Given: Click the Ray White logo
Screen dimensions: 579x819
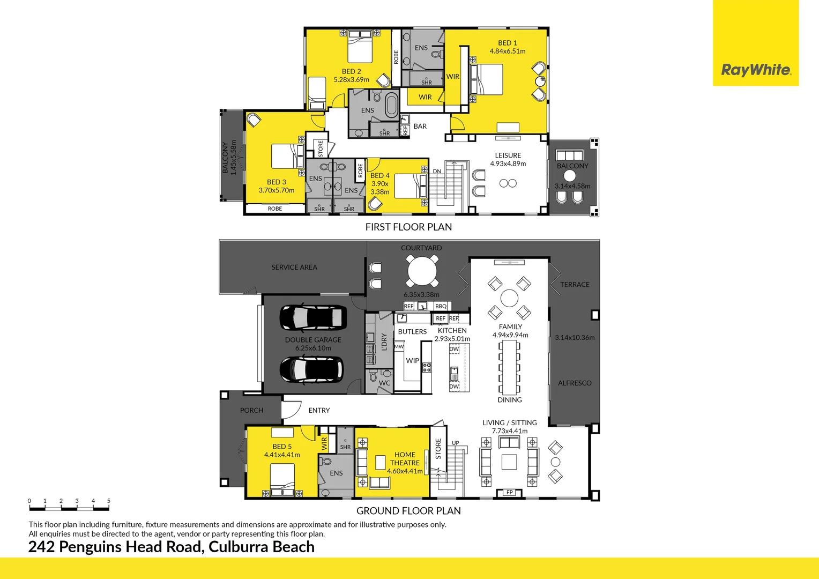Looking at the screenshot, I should click(756, 70).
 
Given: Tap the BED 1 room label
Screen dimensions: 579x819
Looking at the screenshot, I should click(507, 43).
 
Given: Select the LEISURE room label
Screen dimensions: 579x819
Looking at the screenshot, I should click(508, 155).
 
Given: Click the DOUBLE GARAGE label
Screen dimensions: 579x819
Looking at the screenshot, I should click(313, 340).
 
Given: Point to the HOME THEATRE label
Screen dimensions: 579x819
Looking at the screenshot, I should click(405, 459).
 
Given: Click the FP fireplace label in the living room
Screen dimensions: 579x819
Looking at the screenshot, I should click(510, 492).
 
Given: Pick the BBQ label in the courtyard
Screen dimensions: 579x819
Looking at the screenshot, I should click(441, 306).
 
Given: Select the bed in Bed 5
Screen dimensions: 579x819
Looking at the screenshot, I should click(282, 479).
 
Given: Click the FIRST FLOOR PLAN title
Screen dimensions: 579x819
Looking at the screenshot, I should click(408, 227).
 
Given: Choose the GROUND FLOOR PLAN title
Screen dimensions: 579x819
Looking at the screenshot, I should click(408, 511).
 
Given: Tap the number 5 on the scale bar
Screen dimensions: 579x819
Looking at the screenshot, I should click(108, 501).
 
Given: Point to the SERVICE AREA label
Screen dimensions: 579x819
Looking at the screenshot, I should click(294, 267).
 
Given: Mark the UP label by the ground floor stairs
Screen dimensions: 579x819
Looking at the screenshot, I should click(455, 443).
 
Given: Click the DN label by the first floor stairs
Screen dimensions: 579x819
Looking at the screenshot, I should click(437, 172).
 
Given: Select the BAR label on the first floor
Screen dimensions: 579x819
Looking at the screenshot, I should click(420, 127).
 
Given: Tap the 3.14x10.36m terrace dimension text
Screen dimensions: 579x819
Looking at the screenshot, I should click(575, 338).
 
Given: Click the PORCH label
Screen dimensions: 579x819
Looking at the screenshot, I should click(251, 410).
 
